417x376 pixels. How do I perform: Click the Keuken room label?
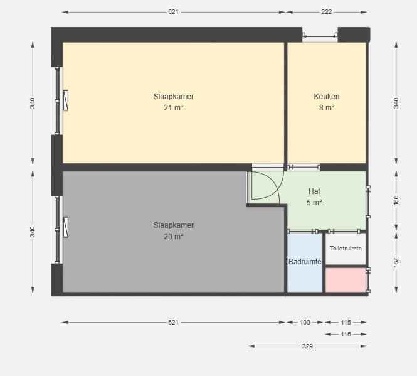click(326, 97)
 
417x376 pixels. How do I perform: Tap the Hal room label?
click(314, 191)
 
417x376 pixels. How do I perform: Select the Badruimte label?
click(305, 262)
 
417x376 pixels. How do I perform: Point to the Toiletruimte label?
click(346, 249)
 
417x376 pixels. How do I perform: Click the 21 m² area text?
click(174, 108)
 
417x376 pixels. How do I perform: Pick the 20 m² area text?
click(174, 237)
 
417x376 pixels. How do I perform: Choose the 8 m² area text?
click(327, 108)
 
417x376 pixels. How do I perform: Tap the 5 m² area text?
click(314, 203)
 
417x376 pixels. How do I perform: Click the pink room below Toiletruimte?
click(346, 280)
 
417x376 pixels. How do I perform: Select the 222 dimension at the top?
click(327, 12)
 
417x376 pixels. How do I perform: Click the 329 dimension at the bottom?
click(307, 346)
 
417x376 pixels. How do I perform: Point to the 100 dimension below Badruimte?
click(305, 323)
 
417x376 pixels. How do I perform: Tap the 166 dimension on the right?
click(396, 200)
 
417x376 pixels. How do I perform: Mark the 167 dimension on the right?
click(396, 262)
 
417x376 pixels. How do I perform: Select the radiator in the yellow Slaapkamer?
click(66, 100)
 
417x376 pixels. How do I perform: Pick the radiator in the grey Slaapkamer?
click(66, 227)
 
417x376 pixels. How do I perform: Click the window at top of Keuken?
click(320, 35)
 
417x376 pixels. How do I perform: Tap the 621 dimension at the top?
click(173, 12)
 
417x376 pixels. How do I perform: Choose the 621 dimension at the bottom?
click(173, 323)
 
